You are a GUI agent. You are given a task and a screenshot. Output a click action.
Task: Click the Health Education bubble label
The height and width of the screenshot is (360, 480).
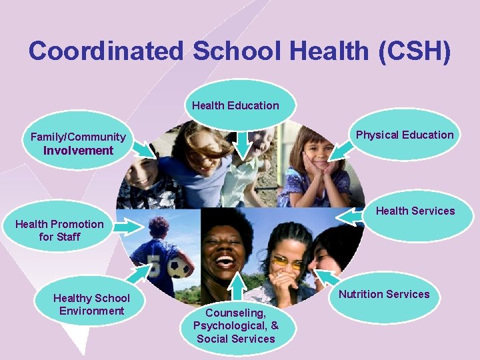click(x=235, y=105)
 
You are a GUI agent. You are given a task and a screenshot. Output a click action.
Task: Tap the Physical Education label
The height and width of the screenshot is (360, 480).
click(x=404, y=135)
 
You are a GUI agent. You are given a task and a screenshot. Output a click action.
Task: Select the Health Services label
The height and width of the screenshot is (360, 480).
click(x=415, y=211)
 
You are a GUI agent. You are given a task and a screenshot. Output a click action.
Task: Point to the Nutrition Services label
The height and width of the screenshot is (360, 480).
click(x=384, y=294)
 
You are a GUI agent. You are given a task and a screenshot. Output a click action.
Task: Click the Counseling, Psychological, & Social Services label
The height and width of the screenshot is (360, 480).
click(x=236, y=325)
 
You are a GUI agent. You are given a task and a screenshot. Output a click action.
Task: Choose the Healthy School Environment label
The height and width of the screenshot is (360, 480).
click(x=91, y=305)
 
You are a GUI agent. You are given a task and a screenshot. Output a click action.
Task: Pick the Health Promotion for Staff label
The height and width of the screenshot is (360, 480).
click(x=59, y=230)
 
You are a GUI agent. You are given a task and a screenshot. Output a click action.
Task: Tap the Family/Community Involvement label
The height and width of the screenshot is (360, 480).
click(x=78, y=143)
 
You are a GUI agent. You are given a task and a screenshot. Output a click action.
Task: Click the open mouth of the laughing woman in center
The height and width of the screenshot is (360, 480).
click(x=225, y=260)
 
